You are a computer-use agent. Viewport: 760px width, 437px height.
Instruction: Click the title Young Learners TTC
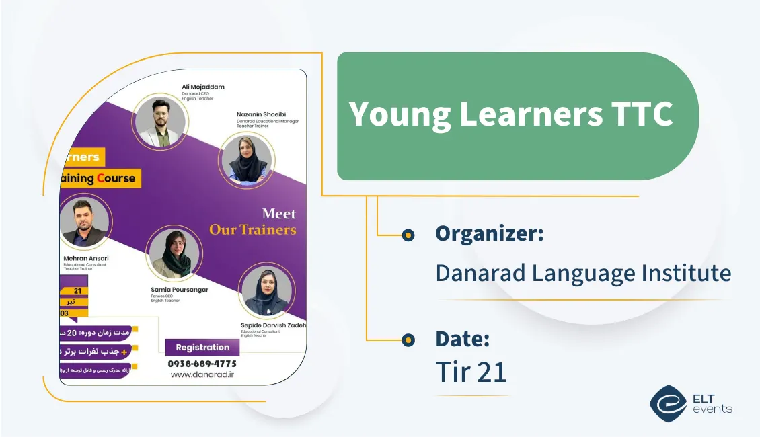coord(510,114)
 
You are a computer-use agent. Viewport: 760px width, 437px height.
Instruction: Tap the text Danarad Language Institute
coord(583,273)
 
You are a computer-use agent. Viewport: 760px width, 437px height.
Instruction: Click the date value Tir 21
coord(471,371)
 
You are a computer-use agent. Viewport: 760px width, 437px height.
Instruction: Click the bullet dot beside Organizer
coord(408,235)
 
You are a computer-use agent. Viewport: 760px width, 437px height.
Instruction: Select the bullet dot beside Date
coord(408,340)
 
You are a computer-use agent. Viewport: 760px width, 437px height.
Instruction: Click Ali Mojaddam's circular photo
coord(160,121)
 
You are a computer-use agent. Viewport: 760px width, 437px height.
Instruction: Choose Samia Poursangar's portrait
coord(174,253)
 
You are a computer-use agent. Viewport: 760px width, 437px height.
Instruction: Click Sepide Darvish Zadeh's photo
coord(266,290)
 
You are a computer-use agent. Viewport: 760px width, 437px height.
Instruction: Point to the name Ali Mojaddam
coord(203,87)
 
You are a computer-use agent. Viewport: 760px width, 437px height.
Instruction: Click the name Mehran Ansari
coord(85,258)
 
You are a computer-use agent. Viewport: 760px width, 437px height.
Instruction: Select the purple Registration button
coord(202,348)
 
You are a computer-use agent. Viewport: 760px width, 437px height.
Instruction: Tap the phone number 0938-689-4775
coord(202,364)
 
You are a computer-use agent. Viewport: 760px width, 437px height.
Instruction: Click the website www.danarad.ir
coord(202,375)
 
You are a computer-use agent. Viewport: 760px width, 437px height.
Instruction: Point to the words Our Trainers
coord(252,230)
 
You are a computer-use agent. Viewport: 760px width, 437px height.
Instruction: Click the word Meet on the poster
coord(278,214)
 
